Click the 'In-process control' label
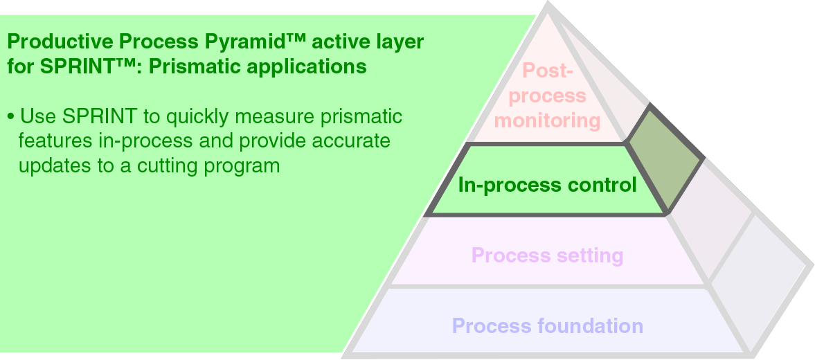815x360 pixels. coord(547,185)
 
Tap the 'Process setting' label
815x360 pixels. coord(547,255)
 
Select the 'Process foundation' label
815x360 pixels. coord(547,325)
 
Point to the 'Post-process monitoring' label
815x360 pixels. coord(547,96)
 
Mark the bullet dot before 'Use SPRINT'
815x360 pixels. coord(10,116)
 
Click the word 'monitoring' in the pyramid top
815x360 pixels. coord(547,120)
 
